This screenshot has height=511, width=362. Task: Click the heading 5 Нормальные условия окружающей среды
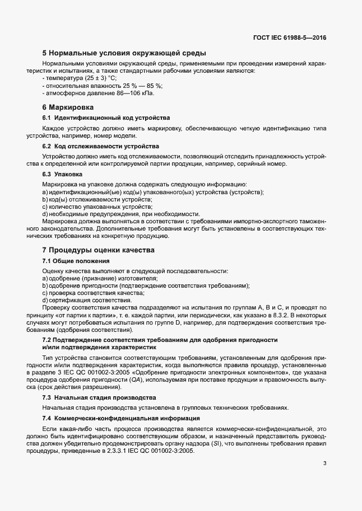[124, 54]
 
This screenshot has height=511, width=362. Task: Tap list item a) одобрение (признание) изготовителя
[100, 278]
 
